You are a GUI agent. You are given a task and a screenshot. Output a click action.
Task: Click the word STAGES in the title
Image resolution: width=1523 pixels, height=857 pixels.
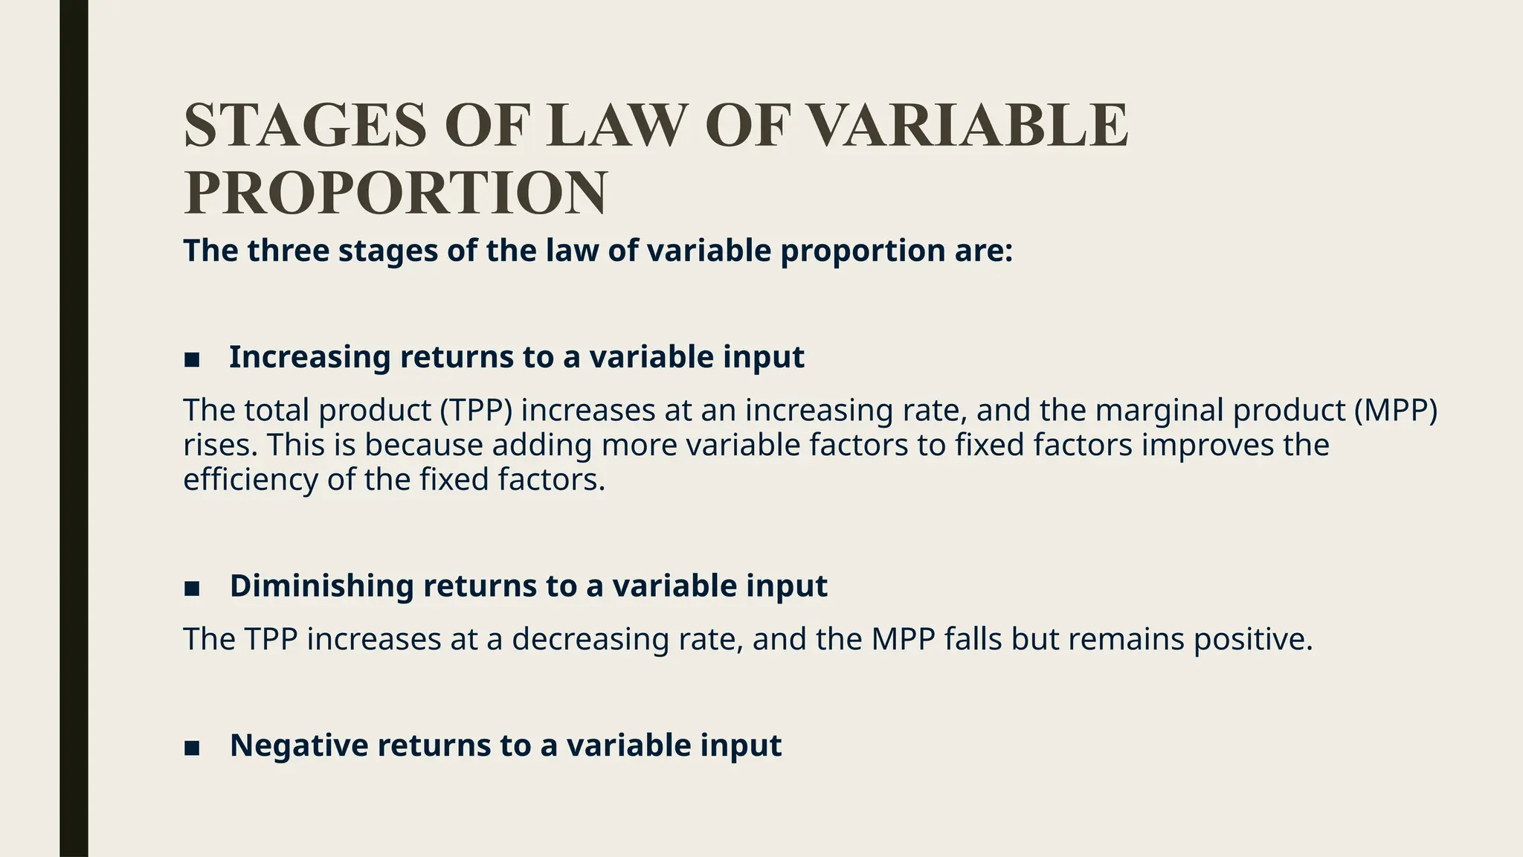(x=305, y=125)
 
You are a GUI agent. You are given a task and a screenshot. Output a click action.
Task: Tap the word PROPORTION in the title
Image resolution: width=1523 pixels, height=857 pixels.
(x=395, y=193)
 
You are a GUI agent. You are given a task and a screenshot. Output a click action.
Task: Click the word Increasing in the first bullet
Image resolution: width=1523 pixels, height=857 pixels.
(x=309, y=358)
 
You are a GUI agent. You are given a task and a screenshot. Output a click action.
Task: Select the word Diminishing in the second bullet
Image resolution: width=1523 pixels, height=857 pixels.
(x=321, y=586)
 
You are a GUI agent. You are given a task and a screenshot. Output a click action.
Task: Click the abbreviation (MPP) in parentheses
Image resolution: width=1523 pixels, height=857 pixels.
(x=1396, y=411)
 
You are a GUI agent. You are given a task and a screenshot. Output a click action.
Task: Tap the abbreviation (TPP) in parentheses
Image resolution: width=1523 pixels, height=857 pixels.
(x=480, y=411)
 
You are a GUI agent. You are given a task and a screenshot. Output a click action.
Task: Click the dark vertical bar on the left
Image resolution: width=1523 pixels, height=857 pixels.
(x=74, y=428)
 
